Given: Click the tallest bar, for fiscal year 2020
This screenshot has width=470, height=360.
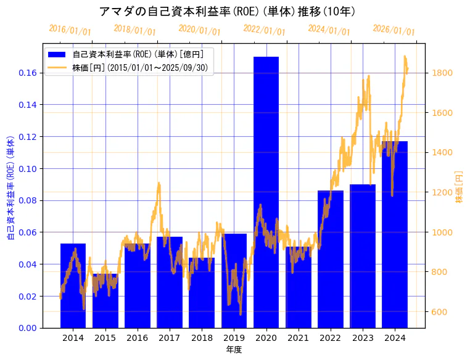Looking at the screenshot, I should pos(266,192).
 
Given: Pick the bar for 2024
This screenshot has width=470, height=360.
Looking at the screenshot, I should pos(395,234).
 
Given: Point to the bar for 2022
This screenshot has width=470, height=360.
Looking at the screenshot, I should pos(331,259).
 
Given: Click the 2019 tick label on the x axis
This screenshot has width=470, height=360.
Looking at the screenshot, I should pos(234,338).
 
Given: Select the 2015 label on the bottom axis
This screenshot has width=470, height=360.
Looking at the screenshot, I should pos(105,338).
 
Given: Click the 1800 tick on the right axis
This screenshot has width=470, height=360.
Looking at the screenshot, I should pos(443,73).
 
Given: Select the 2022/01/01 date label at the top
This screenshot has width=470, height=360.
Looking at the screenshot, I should pos(264,30).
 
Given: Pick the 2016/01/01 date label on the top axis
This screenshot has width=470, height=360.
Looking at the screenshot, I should pos(70,30).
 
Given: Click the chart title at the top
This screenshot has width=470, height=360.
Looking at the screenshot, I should pos(227,11).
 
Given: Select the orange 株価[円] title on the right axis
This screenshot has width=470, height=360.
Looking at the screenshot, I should pos(459,187).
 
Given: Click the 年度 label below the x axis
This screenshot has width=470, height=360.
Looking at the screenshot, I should pos(234,350).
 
